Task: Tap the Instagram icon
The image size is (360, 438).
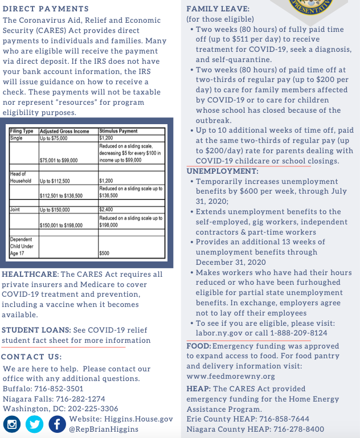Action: click(13, 424)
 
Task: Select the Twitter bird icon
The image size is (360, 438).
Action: click(35, 424)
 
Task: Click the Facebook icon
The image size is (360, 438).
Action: click(57, 424)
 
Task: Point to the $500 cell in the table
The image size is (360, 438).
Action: click(104, 253)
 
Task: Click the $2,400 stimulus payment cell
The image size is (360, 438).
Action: click(107, 210)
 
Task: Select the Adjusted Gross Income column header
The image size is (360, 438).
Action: click(64, 131)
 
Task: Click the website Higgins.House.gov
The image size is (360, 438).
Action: click(138, 419)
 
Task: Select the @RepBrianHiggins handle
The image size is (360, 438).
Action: click(103, 429)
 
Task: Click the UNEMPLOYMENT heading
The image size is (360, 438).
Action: click(223, 171)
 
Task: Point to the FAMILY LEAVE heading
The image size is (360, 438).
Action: click(217, 9)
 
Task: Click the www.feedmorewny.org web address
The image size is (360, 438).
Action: click(231, 376)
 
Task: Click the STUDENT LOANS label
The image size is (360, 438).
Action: click(36, 330)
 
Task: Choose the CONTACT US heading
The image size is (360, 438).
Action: click(31, 357)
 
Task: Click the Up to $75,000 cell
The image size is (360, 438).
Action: click(55, 138)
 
